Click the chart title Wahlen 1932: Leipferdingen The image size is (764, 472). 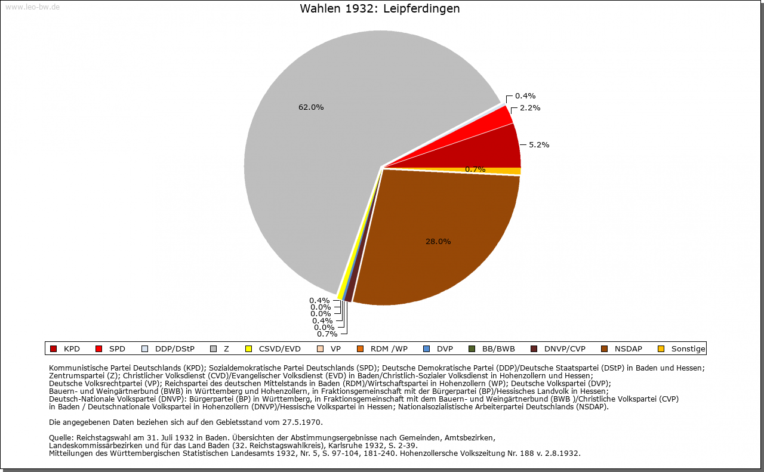[380, 9]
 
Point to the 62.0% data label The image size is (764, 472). [311, 107]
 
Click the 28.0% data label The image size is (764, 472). [438, 242]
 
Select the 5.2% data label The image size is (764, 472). [539, 144]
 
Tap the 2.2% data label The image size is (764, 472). [530, 108]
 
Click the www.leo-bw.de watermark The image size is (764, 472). [32, 7]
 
